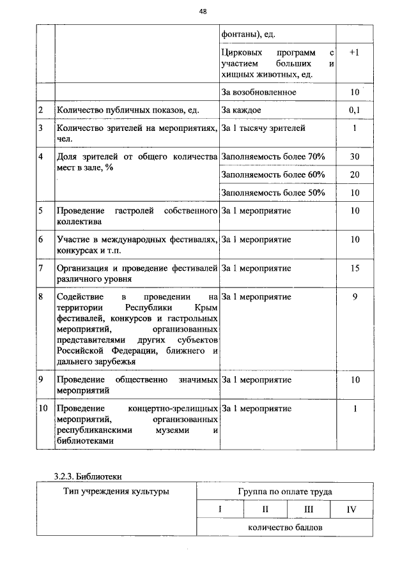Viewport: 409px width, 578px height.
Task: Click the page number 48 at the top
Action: tap(203, 11)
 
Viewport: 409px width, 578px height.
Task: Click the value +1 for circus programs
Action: tap(355, 52)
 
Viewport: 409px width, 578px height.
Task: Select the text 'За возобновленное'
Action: tap(259, 92)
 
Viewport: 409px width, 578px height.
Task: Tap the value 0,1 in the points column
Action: tap(355, 110)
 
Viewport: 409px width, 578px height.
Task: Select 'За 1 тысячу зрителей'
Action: tap(263, 128)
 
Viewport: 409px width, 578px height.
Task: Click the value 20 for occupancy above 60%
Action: tap(355, 174)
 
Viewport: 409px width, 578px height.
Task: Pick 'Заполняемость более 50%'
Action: tap(273, 192)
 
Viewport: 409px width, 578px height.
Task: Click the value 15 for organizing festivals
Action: tap(355, 268)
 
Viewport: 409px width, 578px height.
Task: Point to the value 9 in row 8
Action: tap(355, 297)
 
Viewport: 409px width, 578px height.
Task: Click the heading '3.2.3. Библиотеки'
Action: tap(88, 476)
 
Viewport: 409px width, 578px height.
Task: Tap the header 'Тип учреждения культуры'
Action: tap(116, 492)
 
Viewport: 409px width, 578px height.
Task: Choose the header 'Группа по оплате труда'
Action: tap(284, 492)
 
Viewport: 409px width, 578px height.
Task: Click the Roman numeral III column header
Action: tap(309, 510)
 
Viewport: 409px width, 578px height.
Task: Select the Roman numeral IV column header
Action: tap(351, 510)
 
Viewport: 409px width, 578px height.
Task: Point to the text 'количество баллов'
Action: tap(284, 528)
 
